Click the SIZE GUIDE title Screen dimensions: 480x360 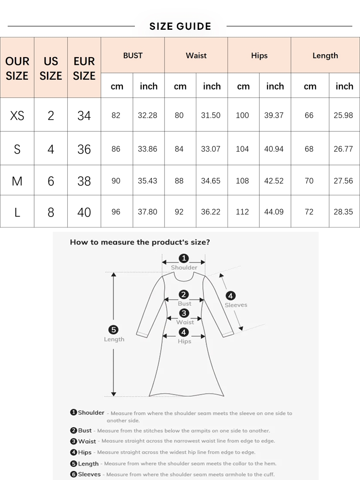(180, 26)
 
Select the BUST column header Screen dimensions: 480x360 (132, 56)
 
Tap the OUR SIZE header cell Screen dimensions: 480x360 (17, 68)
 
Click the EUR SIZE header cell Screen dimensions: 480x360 (84, 68)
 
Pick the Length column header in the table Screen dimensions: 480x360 (325, 56)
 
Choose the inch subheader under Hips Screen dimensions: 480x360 (275, 86)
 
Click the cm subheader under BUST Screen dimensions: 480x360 (117, 86)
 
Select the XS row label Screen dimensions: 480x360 (17, 116)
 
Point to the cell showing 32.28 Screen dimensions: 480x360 (147, 116)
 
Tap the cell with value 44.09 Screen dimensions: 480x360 (274, 212)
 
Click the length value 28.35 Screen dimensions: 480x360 (343, 212)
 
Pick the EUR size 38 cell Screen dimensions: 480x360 (84, 181)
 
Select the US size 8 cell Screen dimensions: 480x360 (51, 212)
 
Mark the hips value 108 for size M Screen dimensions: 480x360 (242, 181)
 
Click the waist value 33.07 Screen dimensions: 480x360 (211, 149)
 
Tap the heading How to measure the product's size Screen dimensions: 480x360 (140, 242)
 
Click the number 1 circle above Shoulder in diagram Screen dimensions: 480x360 (184, 259)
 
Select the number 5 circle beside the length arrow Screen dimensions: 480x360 (114, 330)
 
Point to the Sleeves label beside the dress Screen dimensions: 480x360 (236, 305)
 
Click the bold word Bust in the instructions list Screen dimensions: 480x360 (84, 431)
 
